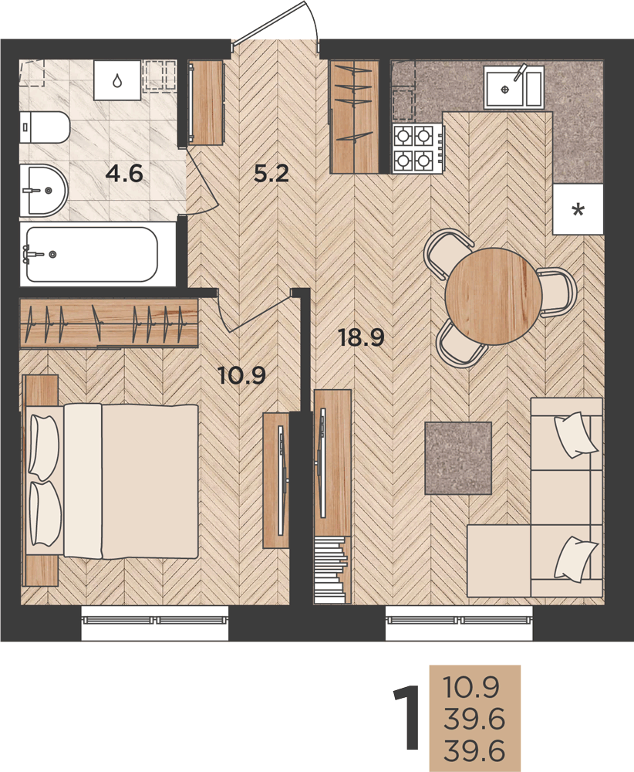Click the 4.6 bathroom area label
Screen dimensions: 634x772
tap(124, 174)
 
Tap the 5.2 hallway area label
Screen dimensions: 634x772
tap(271, 174)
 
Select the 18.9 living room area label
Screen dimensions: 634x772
tap(362, 338)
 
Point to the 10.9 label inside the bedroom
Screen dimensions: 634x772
tap(241, 376)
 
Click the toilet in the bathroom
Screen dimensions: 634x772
tap(44, 127)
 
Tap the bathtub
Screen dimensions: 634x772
tap(93, 254)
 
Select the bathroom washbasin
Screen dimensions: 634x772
tap(43, 190)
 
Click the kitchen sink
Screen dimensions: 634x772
tap(514, 88)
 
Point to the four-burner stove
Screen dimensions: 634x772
tap(418, 147)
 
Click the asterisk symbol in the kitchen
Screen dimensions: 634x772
tap(578, 210)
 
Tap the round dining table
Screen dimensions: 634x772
tap(494, 294)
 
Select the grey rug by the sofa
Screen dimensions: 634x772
tap(458, 458)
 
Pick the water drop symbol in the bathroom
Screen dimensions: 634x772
tap(116, 80)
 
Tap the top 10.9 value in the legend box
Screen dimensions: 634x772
tap(471, 687)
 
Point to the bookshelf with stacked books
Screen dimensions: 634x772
tap(331, 569)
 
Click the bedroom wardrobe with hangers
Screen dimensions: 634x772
tap(109, 322)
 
